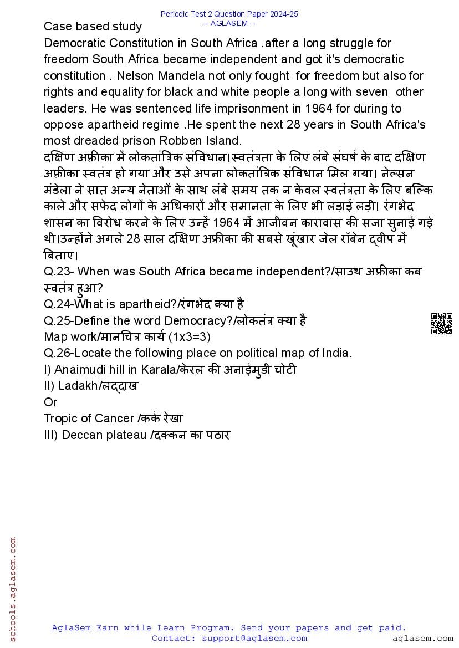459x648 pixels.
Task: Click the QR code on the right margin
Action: (441, 324)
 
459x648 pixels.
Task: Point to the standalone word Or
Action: (50, 402)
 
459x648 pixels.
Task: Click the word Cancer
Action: (117, 419)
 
